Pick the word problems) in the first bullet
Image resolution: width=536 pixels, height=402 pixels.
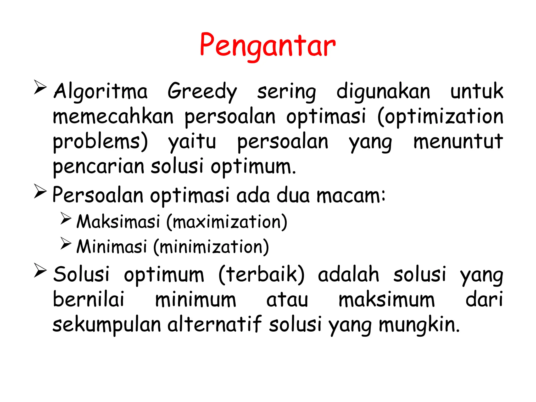point(100,142)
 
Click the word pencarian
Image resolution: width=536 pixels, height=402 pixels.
point(99,166)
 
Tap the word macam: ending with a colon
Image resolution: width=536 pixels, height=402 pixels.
point(351,195)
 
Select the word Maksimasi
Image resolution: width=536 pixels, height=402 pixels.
point(118,222)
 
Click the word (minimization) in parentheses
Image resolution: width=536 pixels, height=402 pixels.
point(211,247)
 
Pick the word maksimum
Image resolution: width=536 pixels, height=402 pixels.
point(387,300)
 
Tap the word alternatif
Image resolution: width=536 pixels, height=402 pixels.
point(215,325)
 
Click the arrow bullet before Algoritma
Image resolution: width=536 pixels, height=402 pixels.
point(40,87)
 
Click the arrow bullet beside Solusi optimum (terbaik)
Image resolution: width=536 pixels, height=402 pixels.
point(40,270)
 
